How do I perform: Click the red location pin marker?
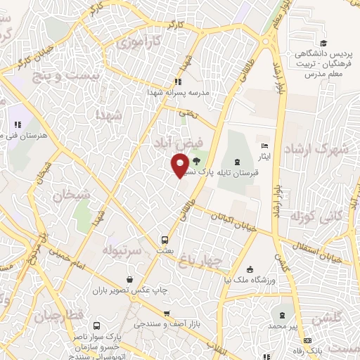180,164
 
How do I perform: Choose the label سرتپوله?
123,250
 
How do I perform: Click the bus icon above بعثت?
165,238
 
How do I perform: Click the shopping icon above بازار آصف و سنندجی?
166,314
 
